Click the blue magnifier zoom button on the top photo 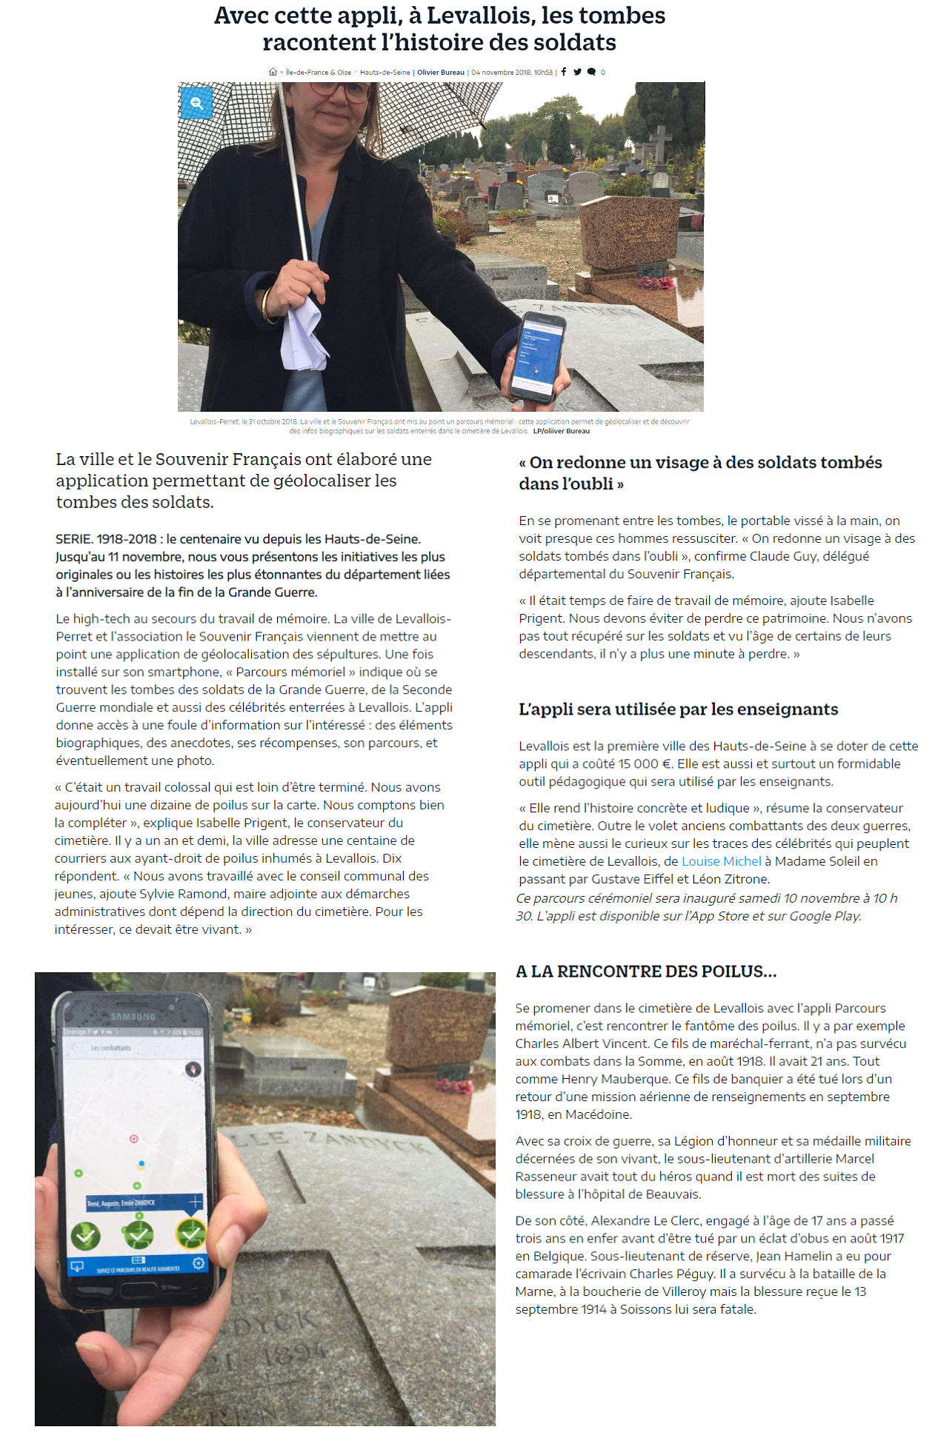[x=197, y=104]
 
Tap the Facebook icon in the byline [x=564, y=72]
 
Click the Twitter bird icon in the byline [x=577, y=72]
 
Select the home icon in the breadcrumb [x=273, y=72]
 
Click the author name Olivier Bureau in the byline [x=441, y=73]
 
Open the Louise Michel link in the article [x=721, y=861]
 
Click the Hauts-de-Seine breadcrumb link [x=385, y=73]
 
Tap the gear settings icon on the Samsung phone [x=198, y=1263]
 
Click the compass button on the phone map [x=193, y=1069]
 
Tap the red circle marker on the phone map [x=134, y=1138]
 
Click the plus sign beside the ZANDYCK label [x=195, y=1201]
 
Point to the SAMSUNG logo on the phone [x=133, y=1017]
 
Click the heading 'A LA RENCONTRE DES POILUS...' [x=646, y=972]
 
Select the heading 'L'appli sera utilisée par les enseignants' [x=678, y=709]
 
